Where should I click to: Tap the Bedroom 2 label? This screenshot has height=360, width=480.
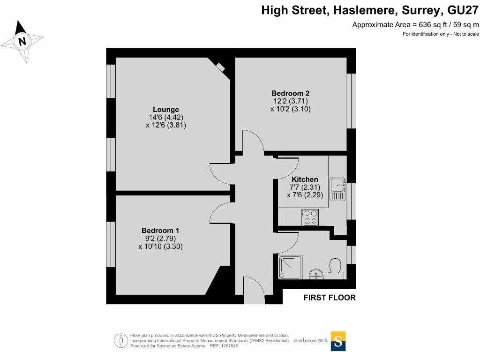click(x=291, y=93)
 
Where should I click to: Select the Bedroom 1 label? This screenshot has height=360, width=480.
click(x=160, y=231)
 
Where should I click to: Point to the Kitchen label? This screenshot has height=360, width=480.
click(x=305, y=180)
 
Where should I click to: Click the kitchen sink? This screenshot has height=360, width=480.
click(x=337, y=188)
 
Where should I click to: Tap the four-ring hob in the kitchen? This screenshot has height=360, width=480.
click(x=311, y=217)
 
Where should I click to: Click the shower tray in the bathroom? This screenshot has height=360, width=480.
click(x=291, y=268)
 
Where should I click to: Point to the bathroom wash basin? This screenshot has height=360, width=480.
click(x=316, y=274)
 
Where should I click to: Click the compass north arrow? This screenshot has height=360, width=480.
click(x=22, y=41)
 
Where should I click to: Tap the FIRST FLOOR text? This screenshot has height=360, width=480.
click(x=330, y=297)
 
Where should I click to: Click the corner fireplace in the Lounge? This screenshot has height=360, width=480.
click(x=220, y=67)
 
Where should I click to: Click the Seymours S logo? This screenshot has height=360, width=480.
click(x=338, y=341)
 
